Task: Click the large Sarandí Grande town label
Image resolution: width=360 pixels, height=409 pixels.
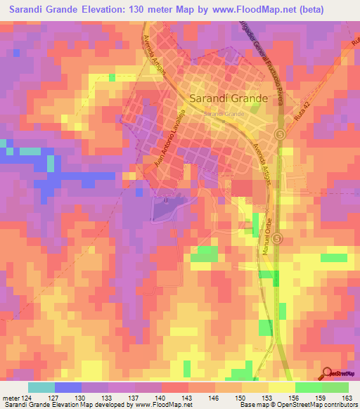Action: (229, 99)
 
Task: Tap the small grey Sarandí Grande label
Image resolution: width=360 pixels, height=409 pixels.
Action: (223, 113)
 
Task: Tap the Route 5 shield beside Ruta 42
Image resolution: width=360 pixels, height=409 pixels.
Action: (300, 134)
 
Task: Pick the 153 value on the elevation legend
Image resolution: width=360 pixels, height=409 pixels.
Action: (267, 398)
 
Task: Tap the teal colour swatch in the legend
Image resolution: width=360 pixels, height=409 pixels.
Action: (41, 387)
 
